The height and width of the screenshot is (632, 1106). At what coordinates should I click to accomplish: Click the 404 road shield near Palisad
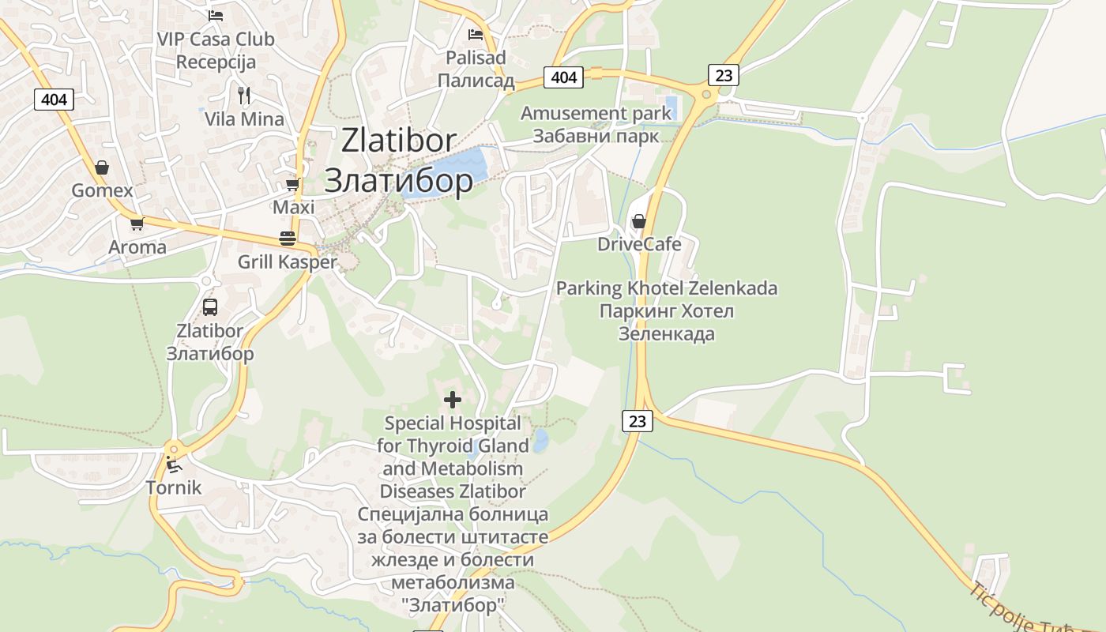[563, 77]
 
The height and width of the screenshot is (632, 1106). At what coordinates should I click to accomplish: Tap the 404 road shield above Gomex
[54, 100]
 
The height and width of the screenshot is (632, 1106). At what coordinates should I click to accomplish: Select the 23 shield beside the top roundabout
[723, 75]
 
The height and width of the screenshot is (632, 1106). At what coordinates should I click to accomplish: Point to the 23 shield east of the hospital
[637, 421]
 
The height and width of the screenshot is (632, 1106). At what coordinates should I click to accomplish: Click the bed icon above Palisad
[475, 34]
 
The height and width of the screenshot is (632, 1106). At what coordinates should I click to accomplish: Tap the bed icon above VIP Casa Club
[215, 15]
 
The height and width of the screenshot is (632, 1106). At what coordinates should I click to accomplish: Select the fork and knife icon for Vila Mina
[244, 96]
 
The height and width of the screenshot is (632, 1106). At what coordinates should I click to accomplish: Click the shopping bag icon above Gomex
[102, 167]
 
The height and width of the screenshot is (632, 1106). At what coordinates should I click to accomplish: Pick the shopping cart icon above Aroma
[137, 224]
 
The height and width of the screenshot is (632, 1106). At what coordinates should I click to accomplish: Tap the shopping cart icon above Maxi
[292, 184]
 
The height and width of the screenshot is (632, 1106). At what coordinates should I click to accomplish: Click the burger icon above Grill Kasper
[288, 238]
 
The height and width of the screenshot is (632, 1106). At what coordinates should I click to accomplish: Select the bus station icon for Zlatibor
[209, 307]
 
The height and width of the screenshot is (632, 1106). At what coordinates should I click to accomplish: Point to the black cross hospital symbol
[453, 400]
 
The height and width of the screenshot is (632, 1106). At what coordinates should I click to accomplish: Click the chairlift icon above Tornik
[173, 464]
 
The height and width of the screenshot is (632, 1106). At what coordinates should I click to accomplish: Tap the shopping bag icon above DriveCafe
[638, 221]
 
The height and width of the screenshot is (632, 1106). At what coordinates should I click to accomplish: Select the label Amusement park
[596, 113]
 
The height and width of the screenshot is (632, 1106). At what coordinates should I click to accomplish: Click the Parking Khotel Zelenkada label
[666, 288]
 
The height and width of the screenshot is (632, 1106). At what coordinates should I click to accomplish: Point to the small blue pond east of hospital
[540, 440]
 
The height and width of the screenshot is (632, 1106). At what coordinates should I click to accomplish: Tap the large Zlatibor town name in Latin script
[399, 141]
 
